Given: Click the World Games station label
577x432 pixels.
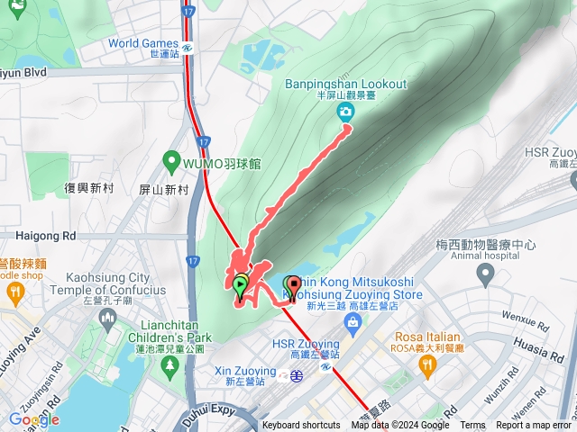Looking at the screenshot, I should [144, 43].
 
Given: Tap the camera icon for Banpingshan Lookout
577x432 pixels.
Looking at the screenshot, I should [345, 112].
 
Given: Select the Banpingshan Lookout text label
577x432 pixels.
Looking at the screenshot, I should [346, 85].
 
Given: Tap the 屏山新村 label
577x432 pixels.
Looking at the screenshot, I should [164, 190].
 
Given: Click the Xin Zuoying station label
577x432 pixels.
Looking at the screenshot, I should [246, 371].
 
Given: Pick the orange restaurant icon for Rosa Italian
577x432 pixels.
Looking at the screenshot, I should [427, 364].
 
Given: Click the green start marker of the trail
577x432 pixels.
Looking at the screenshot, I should [240, 286].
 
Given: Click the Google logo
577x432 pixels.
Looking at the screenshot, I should [34, 419].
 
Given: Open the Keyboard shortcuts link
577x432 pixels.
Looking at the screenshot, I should [302, 426].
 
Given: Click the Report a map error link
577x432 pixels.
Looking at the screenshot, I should [535, 426].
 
